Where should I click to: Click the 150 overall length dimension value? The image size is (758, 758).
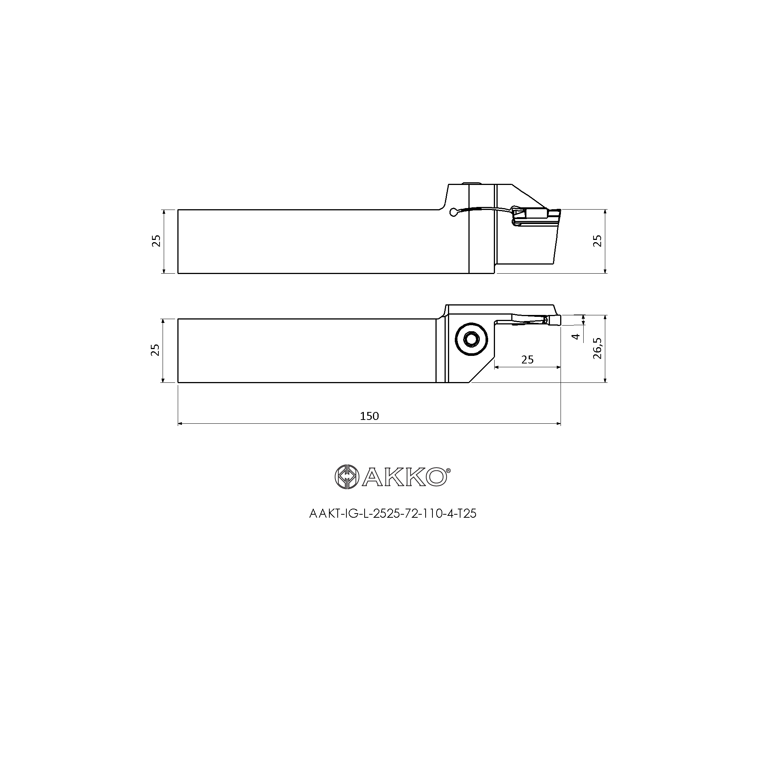[369, 416]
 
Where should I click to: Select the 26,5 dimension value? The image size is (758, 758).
[597, 348]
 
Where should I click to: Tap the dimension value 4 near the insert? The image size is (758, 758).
[576, 336]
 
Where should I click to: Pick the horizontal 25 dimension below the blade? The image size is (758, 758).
[527, 359]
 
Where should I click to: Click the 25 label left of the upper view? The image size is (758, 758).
[157, 241]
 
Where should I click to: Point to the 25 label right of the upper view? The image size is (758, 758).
[597, 241]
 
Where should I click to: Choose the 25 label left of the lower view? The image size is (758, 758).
[156, 349]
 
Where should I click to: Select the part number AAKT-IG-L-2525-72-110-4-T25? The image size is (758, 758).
[393, 514]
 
